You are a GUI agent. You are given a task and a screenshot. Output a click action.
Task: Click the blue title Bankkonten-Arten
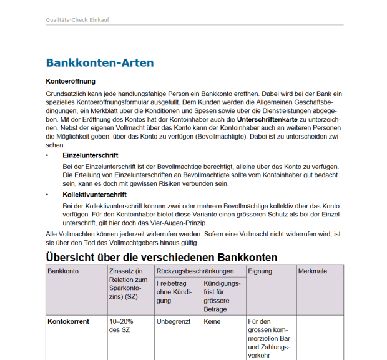[x=100, y=63]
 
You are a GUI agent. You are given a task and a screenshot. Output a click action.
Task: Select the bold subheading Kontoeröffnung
[x=71, y=81]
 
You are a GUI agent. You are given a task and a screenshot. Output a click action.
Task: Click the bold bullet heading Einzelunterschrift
[x=91, y=155]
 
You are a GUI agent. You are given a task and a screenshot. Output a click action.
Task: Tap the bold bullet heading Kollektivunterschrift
[x=94, y=195]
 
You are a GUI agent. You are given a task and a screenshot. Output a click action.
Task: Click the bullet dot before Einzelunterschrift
[x=48, y=155]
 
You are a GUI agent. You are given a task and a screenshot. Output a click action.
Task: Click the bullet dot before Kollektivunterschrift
[x=48, y=195]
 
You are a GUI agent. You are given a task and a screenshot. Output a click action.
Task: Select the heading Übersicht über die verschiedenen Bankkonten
[x=162, y=257]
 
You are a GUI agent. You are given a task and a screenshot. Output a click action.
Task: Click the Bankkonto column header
[x=63, y=271]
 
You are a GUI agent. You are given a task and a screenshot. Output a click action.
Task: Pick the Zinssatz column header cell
[x=129, y=285]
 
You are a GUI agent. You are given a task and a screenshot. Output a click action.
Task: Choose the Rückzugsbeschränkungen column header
[x=195, y=271]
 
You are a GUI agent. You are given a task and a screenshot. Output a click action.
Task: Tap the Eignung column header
[x=260, y=271]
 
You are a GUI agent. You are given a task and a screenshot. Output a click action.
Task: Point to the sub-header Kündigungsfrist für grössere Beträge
[x=222, y=296]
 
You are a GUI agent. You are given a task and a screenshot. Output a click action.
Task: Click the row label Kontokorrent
[x=69, y=322]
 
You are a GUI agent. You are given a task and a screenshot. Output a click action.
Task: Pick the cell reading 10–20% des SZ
[x=122, y=326]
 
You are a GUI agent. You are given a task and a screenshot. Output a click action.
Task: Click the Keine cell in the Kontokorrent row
[x=213, y=322]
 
